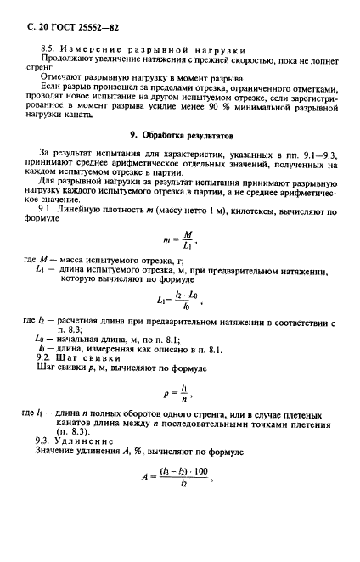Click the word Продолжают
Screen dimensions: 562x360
(x=68, y=65)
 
